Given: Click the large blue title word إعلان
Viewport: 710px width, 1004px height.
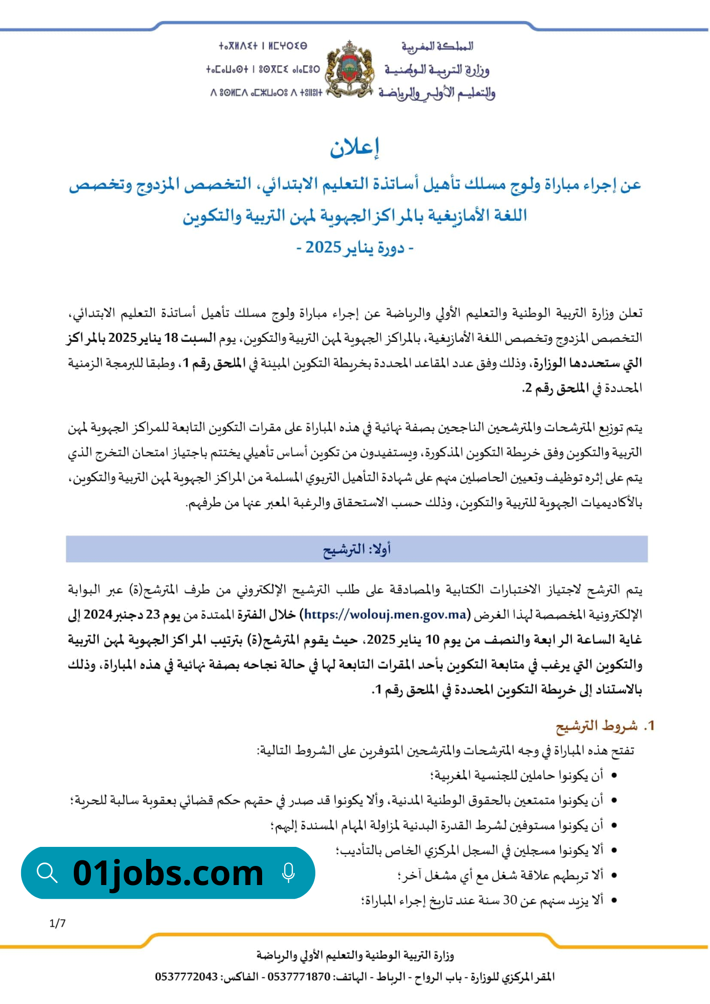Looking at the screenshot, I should pos(354,147).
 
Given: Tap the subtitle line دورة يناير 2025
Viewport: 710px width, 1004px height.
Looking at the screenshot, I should pos(354,247).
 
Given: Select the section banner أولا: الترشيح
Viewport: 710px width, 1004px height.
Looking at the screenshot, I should pos(357,549).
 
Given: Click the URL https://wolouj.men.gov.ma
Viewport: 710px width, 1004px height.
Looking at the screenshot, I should pos(386,614).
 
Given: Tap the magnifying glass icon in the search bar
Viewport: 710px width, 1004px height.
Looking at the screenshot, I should pos(47,873).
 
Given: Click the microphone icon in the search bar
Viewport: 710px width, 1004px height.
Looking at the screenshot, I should pos(288,873).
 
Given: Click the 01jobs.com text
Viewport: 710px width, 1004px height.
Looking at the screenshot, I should pos(168,873).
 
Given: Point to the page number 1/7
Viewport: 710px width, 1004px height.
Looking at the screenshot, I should pos(58,923).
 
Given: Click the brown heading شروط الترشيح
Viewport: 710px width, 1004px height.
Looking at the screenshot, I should pos(597,726).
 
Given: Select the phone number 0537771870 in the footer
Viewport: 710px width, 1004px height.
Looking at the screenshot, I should pos(299,977).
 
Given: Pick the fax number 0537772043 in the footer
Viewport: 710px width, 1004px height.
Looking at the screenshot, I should pos(186,977).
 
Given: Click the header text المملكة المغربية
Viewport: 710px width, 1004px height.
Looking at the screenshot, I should pos(437,47).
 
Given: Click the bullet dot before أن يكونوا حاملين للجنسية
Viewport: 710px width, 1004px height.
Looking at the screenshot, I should pos(614,776).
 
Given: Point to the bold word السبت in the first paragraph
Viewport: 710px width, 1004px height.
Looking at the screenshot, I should pos(198,338).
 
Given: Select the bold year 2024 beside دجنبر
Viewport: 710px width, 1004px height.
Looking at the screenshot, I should pos(98,614).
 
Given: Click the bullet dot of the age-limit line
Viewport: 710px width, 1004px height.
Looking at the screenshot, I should pos(614,900).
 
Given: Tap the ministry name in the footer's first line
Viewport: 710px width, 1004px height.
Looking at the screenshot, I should pos(355,955).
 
